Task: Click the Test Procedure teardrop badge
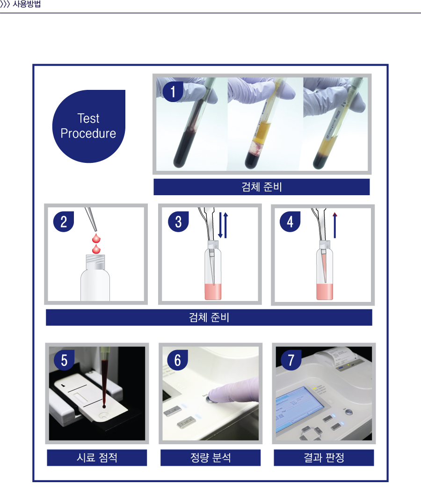pos(89,126)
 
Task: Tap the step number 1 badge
pos(173,92)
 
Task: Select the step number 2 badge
pos(64,222)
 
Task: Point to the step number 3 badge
pos(178,222)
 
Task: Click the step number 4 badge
pos(290,222)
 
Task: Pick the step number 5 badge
pos(64,360)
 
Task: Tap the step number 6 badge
pos(178,360)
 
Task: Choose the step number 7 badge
pos(291,360)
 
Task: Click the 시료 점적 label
pos(97,458)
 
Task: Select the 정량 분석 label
pos(210,458)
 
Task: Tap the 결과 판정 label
pos(324,458)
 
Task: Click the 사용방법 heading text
pos(27,4)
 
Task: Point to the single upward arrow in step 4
pos(335,225)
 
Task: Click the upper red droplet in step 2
pos(96,238)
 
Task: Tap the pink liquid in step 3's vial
pos(213,292)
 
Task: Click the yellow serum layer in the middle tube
pos(262,132)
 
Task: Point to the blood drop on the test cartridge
pos(104,406)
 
